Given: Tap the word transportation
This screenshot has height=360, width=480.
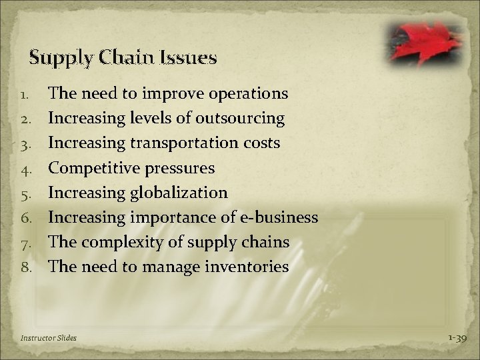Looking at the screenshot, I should [194, 144].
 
